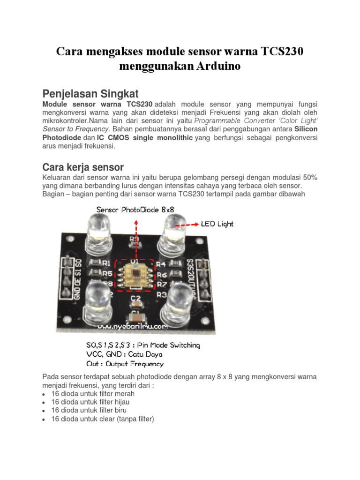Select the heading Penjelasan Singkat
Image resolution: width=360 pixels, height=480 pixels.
[x=90, y=91]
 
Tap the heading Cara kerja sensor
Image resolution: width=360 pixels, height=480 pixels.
[x=83, y=167]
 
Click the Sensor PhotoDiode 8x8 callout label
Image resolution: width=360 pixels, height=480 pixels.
[x=135, y=209]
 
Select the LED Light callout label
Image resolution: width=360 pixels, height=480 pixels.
[x=217, y=224]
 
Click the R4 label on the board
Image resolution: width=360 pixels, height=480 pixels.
[x=161, y=263]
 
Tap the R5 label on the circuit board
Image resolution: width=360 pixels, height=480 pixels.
[x=107, y=273]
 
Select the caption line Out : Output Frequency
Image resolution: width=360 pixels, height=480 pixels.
[x=125, y=364]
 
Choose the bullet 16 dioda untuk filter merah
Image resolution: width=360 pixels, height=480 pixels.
[x=93, y=394]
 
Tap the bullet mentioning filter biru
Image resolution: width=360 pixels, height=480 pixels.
[x=89, y=410]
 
